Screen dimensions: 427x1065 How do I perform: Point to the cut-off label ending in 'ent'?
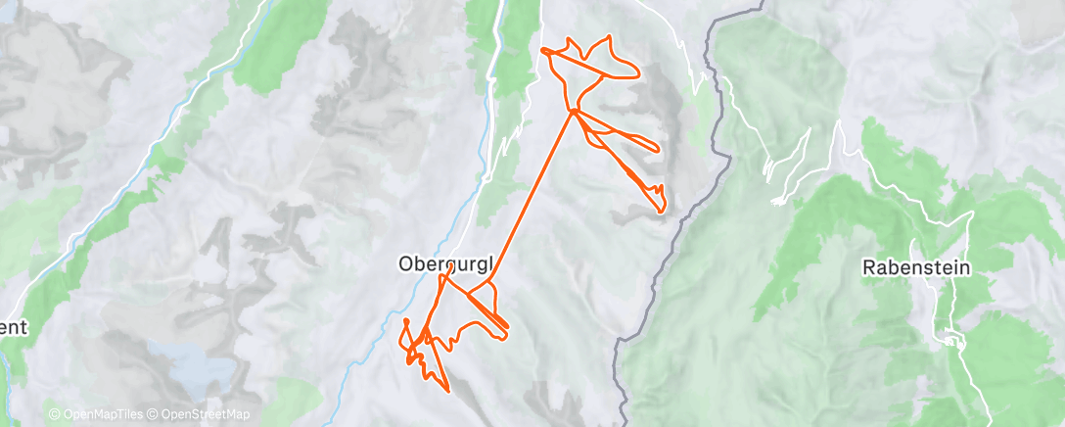pos(14,327)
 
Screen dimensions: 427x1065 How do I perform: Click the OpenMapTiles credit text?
pos(102,414)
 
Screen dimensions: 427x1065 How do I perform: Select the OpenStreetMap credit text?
pos(202,414)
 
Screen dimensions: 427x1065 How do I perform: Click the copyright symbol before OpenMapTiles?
pos(54,414)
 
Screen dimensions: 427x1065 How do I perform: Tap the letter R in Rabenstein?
pos(868,266)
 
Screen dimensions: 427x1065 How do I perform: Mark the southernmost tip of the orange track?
pos(448,392)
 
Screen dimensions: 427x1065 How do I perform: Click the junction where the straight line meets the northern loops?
pos(573,112)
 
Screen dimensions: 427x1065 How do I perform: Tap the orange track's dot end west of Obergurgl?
pos(405,321)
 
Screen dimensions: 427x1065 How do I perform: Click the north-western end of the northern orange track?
pos(541,48)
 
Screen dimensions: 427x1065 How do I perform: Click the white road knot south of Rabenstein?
pos(949,340)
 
